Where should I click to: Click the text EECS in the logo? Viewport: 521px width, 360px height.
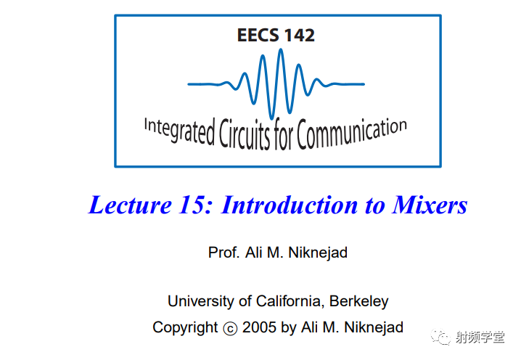pos(258,35)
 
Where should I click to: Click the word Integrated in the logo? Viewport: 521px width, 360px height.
pos(179,131)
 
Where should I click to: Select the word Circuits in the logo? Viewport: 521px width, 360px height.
pos(245,134)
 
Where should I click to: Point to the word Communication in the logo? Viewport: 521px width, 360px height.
pos(352,133)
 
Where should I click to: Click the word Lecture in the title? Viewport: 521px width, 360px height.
pos(130,205)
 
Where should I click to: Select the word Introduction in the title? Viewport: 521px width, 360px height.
pos(289,205)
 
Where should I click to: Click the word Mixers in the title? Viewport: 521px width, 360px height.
pos(430,205)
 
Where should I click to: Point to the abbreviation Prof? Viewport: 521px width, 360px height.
pos(223,253)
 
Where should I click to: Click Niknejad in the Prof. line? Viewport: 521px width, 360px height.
pos(318,253)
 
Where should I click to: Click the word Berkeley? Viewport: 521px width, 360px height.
pos(359,301)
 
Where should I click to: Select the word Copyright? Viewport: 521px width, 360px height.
pos(185,327)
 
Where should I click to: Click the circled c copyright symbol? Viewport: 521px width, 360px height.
pos(230,329)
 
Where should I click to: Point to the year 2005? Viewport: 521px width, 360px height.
pos(259,327)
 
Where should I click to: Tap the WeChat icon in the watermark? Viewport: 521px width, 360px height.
pos(440,337)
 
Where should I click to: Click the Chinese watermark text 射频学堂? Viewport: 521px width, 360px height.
pos(480,337)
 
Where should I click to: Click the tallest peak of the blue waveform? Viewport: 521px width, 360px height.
pos(281,50)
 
